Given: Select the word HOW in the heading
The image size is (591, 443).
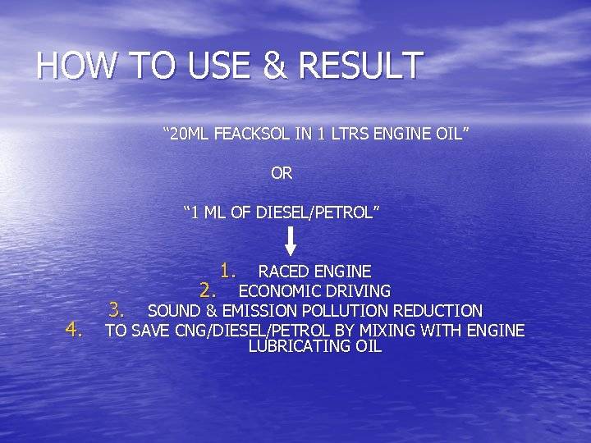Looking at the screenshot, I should (x=66, y=66).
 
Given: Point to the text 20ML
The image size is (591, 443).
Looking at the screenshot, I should (x=190, y=132).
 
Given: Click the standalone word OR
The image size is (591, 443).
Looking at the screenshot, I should (x=282, y=173).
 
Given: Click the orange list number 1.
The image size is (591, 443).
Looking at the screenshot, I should (x=228, y=270).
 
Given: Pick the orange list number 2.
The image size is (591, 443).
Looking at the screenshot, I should (x=208, y=290).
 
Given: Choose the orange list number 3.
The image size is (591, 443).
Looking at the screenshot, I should (x=117, y=310).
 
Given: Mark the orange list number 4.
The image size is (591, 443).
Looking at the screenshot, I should (x=76, y=330).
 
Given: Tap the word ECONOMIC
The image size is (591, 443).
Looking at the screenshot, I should (x=275, y=291).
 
